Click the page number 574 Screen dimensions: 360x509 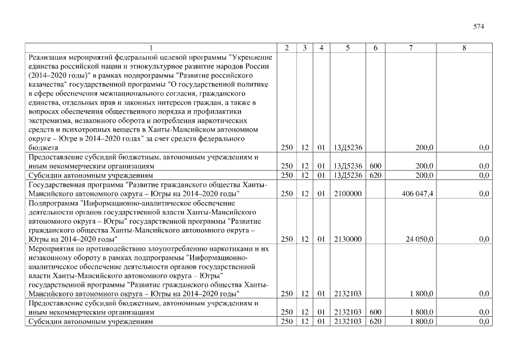(479, 26)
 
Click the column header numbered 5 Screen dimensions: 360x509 (348, 48)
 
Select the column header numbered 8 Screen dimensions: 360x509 (464, 48)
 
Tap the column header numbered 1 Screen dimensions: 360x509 (151, 48)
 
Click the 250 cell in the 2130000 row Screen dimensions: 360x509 (287, 239)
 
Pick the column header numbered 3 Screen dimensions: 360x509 (304, 48)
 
